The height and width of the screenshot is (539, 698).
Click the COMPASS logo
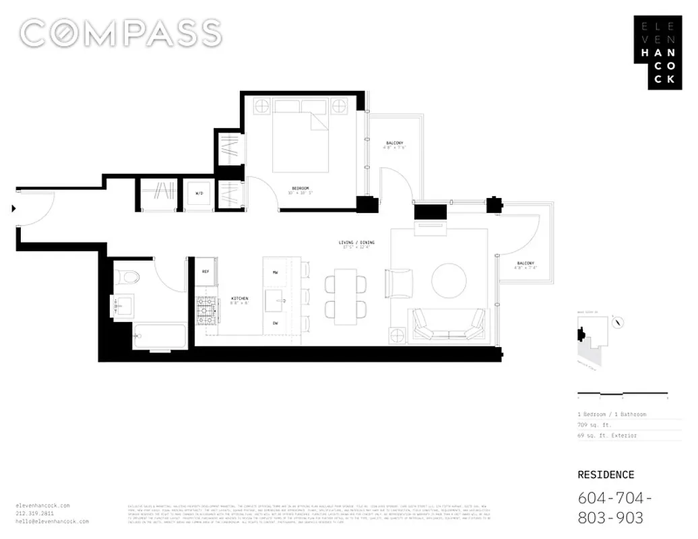click(x=121, y=33)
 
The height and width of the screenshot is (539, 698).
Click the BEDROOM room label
click(x=300, y=188)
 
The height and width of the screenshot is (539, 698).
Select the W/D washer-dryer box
click(x=199, y=193)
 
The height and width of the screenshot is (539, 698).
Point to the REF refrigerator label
click(x=205, y=271)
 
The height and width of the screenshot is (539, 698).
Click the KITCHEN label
click(x=240, y=298)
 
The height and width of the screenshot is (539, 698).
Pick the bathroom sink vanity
click(x=123, y=307)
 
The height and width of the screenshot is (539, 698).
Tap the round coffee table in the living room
click(x=449, y=280)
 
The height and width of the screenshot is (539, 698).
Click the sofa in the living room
click(x=448, y=325)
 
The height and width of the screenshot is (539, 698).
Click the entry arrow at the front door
click(x=13, y=209)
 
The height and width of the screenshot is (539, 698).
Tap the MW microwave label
click(x=276, y=272)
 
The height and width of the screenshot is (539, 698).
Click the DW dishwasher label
click(x=276, y=323)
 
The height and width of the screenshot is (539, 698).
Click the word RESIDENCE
click(x=606, y=475)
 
